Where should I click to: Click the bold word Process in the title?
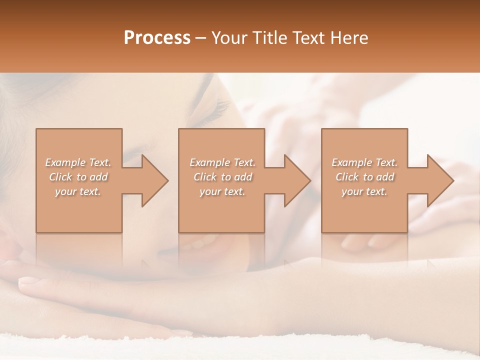coord(157,38)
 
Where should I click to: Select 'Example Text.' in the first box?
coord(78,162)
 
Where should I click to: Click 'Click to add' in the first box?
coord(78,177)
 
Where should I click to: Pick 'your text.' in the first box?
coord(78,191)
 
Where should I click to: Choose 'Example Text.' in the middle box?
coord(222,162)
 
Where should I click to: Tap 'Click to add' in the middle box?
coord(222,177)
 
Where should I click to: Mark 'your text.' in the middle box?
coord(222,191)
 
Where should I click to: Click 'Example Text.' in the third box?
coord(364,162)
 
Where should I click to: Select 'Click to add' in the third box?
coord(364,177)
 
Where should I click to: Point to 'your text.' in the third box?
coord(364,191)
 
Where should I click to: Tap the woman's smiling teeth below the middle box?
coord(202,243)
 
